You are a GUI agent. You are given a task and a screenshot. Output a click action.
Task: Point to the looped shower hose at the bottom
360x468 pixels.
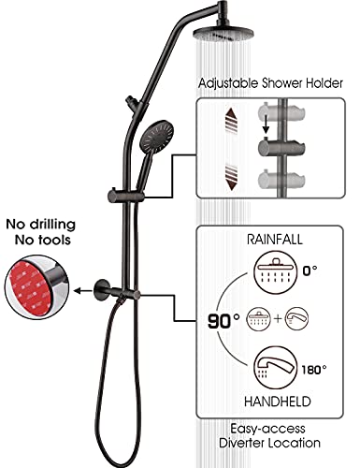click(94, 374)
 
